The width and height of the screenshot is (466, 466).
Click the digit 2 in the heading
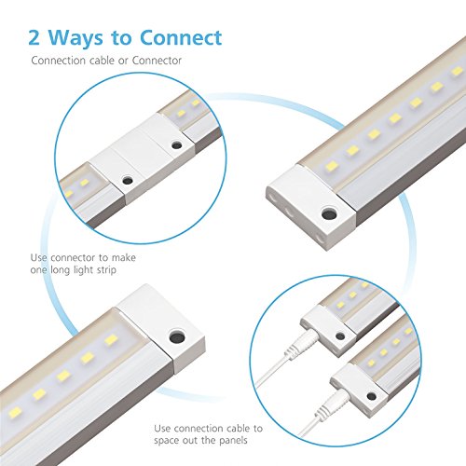[x=34, y=37]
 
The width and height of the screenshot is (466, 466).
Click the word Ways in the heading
[x=75, y=38]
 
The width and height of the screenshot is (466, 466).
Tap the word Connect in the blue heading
[x=181, y=37]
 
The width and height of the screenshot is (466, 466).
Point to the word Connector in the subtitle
[x=157, y=61]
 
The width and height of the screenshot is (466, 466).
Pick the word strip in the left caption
[x=106, y=270]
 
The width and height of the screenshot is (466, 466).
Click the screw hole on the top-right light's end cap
[x=329, y=214]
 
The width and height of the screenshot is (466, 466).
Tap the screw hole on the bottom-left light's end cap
[x=177, y=337]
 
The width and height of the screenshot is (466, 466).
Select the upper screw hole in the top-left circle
[x=176, y=144]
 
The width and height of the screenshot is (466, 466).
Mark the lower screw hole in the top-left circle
[x=127, y=180]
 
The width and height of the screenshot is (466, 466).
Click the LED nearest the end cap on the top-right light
[x=331, y=166]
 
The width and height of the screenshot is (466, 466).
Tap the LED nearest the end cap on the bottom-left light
[x=111, y=340]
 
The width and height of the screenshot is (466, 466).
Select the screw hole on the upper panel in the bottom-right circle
[x=340, y=336]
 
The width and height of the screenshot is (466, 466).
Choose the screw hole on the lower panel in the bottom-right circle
[x=371, y=396]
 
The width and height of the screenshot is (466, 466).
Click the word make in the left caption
[x=123, y=257]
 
